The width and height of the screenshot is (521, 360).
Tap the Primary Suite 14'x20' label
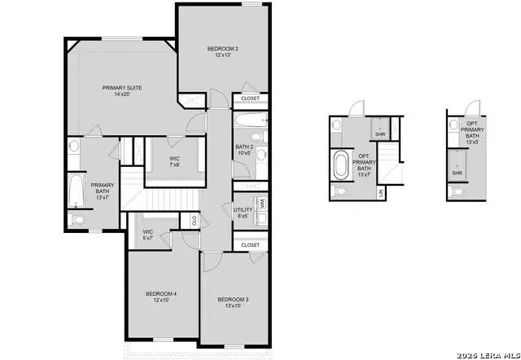(122, 90)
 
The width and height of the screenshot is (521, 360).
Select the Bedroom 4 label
(161, 296)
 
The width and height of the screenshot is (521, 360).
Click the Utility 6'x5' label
(243, 213)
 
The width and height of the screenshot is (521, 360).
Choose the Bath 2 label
(244, 150)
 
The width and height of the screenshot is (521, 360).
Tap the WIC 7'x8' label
(174, 161)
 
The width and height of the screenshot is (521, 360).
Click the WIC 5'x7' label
(148, 235)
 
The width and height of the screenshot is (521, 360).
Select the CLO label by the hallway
(195, 220)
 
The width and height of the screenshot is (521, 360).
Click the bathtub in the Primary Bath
(75, 191)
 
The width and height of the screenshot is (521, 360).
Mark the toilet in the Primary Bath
(79, 220)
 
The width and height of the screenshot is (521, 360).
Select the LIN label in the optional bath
(381, 192)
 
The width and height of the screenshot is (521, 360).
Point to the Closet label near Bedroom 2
(251, 99)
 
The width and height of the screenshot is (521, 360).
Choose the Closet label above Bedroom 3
(251, 244)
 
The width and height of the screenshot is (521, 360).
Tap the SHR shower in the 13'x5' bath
(458, 173)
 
